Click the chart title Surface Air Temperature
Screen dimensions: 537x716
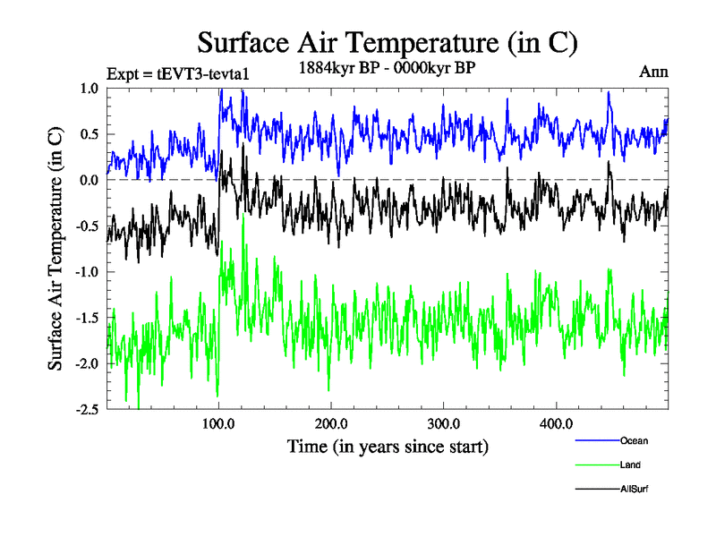click(x=388, y=43)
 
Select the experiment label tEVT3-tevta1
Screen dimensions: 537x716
click(x=176, y=73)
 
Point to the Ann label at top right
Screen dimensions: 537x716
click(x=653, y=71)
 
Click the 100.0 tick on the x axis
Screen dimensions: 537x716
click(x=218, y=423)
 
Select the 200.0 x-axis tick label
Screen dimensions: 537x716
click(x=331, y=423)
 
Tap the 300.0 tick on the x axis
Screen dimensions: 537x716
click(x=444, y=423)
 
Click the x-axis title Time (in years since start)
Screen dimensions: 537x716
click(x=388, y=446)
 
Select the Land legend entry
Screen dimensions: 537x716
click(x=629, y=465)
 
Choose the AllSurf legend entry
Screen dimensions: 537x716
click(x=633, y=489)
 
